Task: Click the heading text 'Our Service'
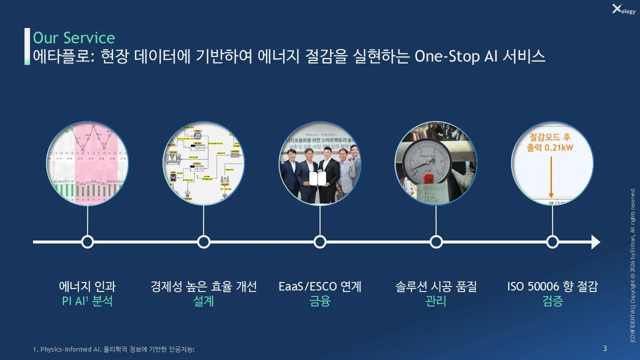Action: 73,38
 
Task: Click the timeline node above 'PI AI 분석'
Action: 87,242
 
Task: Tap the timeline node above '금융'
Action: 320,242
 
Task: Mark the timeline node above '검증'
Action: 552,242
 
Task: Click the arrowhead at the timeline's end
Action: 595,242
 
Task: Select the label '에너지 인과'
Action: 87,287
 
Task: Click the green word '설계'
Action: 203,301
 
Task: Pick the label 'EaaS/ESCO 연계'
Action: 320,287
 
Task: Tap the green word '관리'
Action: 436,301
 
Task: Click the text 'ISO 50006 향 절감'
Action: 552,287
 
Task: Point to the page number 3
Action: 605,348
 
